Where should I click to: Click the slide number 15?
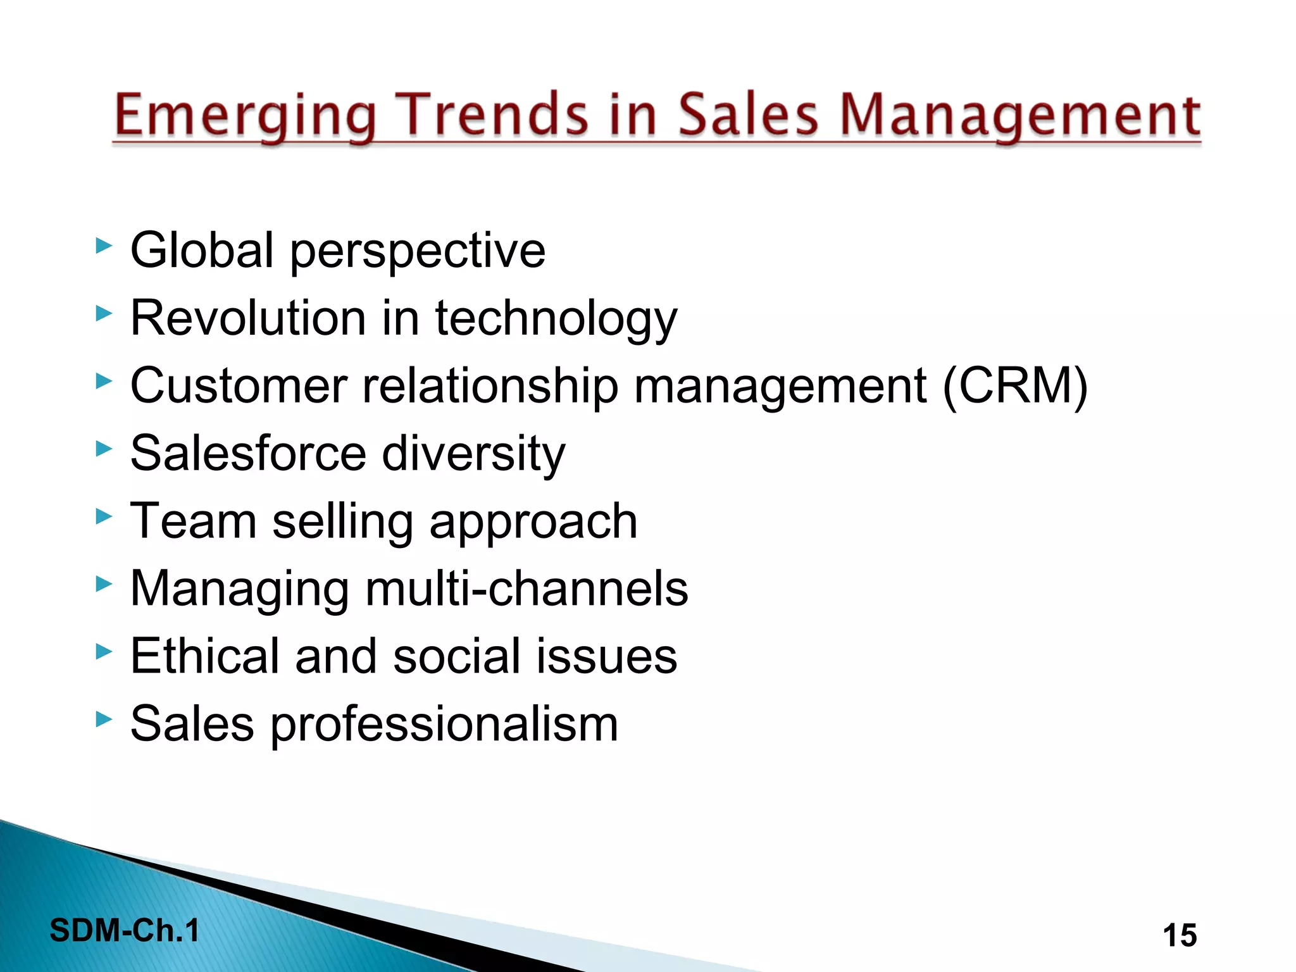1180,935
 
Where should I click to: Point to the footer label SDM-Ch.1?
125,930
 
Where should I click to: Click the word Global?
202,251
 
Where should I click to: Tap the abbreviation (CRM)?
1015,386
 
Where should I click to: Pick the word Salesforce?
248,454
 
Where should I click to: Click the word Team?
193,521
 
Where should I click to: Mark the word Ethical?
204,656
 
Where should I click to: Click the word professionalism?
444,724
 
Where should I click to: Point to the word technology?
556,318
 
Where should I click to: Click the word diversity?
473,454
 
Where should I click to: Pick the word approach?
533,523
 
